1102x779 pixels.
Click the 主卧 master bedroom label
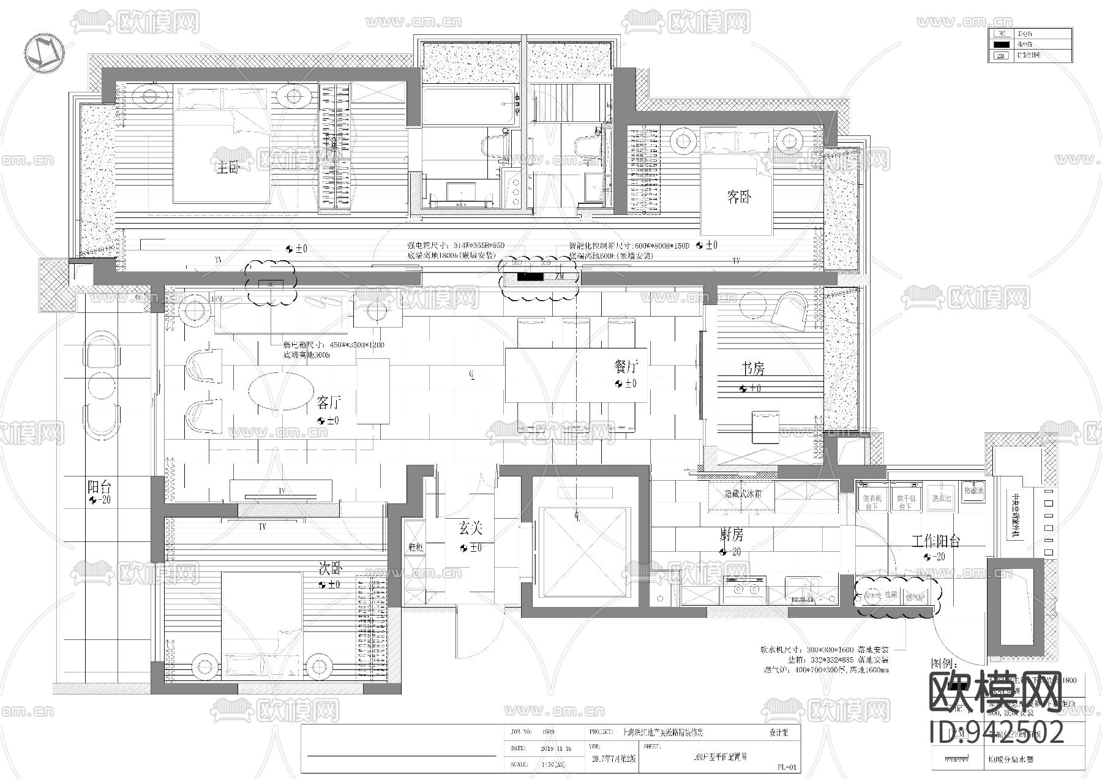(227, 167)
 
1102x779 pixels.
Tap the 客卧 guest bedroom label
(738, 197)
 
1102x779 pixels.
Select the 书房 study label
(753, 369)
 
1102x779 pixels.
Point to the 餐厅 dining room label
(626, 367)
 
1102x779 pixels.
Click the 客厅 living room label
(329, 403)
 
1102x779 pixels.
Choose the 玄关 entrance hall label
(471, 528)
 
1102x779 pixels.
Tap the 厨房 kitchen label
(731, 535)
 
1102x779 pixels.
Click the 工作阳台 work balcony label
(935, 541)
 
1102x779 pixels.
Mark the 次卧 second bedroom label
(329, 568)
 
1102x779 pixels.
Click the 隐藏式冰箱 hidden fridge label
(743, 494)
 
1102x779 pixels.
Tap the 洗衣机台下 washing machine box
(871, 502)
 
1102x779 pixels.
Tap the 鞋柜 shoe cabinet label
(415, 547)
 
